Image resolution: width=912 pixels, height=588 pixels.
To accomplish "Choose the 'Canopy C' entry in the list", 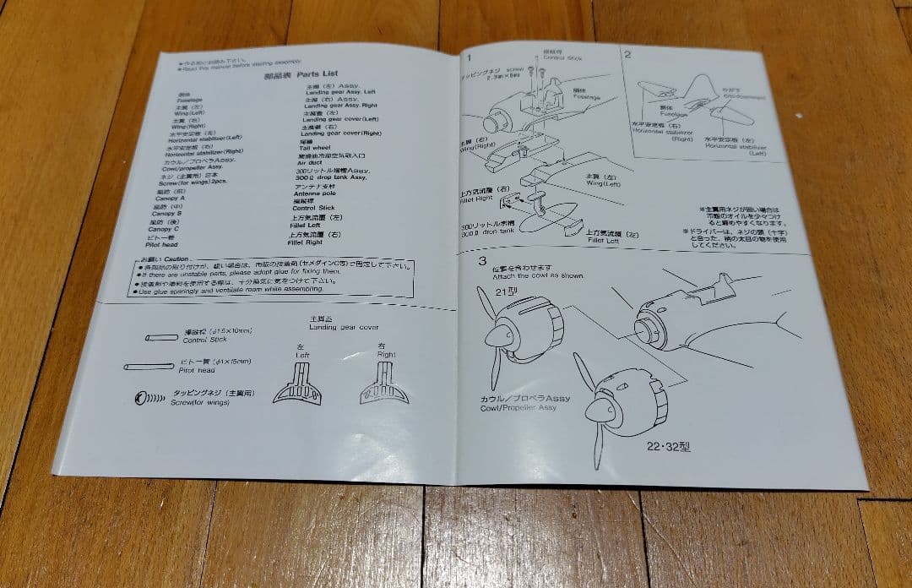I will pyautogui.click(x=163, y=229).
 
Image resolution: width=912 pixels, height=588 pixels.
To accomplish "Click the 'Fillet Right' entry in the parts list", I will pyautogui.click(x=305, y=243).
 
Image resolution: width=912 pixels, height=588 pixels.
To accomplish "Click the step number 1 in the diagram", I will pyautogui.click(x=470, y=57).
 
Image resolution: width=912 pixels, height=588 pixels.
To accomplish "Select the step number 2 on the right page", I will pyautogui.click(x=627, y=55).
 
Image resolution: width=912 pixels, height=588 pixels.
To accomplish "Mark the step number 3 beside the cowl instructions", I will pyautogui.click(x=482, y=262).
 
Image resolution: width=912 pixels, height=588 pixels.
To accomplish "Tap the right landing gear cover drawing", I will pyautogui.click(x=385, y=385).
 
